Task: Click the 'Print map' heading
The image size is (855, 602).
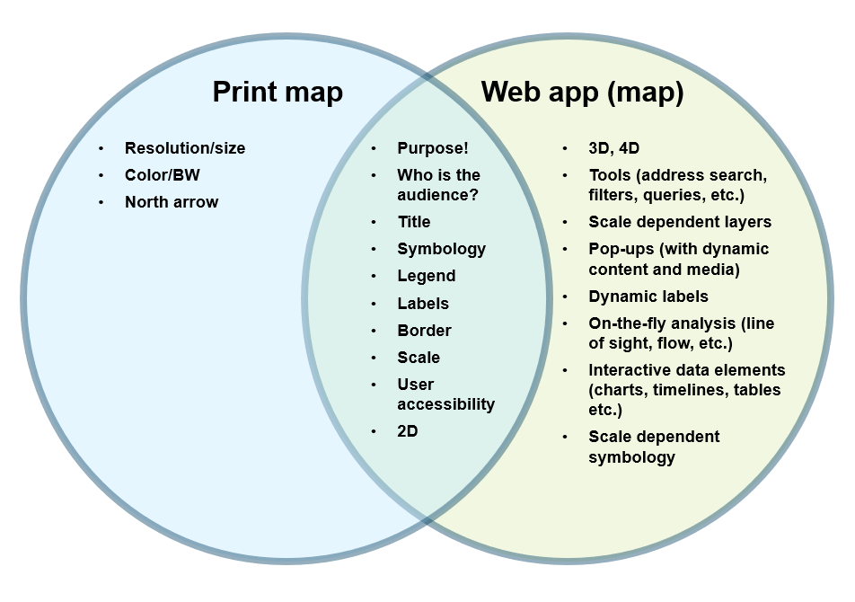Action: (x=277, y=92)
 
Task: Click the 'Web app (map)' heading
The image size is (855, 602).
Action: (x=582, y=92)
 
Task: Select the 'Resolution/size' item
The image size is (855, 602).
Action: (x=184, y=148)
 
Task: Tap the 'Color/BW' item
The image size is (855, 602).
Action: (x=162, y=175)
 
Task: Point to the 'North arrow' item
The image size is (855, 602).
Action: (x=172, y=202)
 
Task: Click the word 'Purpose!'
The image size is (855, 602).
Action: (x=433, y=148)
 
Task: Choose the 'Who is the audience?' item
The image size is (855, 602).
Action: (x=438, y=185)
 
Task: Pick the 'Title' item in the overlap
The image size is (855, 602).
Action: (x=414, y=222)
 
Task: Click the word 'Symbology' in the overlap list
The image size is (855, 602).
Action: (x=441, y=249)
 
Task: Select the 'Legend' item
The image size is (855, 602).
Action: (x=427, y=276)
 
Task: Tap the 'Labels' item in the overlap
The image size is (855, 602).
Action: (x=423, y=304)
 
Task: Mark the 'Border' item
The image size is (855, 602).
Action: (x=424, y=331)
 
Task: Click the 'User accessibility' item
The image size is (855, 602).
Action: (x=445, y=394)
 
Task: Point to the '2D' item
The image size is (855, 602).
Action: (x=408, y=431)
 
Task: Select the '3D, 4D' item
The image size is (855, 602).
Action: (x=614, y=148)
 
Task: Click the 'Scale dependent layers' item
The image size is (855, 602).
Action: (x=680, y=222)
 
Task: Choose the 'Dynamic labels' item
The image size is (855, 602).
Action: (x=648, y=297)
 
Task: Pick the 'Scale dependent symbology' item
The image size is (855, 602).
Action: (x=654, y=447)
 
